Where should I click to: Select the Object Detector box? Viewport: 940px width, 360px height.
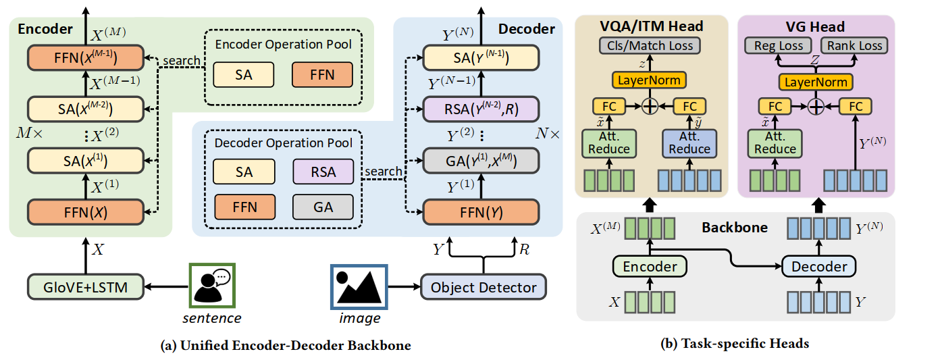pos(483,287)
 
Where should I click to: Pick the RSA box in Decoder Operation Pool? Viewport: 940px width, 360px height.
pos(323,172)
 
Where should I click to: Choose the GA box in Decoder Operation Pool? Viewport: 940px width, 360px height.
pos(323,207)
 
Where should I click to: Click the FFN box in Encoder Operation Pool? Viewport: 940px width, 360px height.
pos(322,75)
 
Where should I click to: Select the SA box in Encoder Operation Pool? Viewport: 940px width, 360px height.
pos(243,75)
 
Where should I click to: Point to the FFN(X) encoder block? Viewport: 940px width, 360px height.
pos(86,211)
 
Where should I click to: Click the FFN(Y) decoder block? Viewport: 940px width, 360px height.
pos(481,211)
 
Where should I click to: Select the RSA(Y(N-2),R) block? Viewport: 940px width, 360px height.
pos(481,108)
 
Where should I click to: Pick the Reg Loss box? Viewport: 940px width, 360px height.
pos(774,46)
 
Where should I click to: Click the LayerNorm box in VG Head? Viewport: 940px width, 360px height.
pos(815,82)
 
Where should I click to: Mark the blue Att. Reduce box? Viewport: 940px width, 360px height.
pos(689,143)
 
